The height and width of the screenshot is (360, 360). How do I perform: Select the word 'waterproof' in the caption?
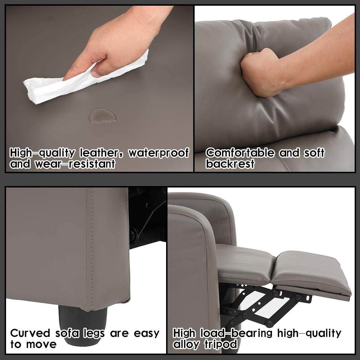(159, 153)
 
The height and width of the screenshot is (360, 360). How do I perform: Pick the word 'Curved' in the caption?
(30, 333)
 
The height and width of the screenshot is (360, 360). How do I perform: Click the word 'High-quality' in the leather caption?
(43, 153)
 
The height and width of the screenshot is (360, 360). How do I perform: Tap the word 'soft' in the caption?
(314, 153)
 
